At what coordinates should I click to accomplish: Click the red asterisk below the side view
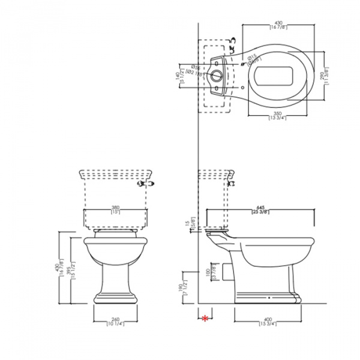(206, 317)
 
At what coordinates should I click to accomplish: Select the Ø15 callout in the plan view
(254, 57)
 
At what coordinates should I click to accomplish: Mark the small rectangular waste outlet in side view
(226, 272)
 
